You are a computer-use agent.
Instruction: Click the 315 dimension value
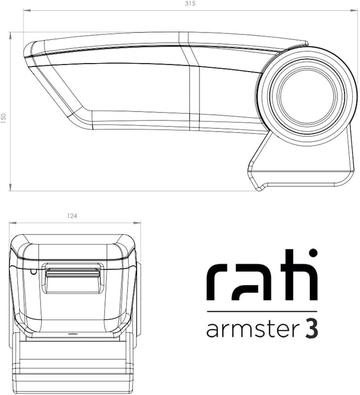point(189,3)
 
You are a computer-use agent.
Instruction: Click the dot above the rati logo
point(312,253)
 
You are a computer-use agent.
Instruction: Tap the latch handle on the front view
point(72,274)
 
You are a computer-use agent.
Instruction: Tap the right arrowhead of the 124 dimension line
point(138,223)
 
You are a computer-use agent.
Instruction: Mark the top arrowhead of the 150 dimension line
point(10,34)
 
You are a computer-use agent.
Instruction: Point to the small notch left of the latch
point(32,272)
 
